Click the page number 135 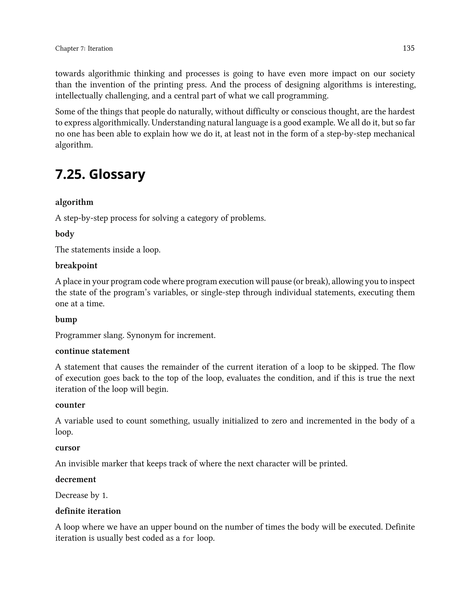pos(408,48)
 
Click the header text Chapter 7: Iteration pos(84,48)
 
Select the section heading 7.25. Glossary pos(100,175)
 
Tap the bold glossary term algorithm pos(74,202)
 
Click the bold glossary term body pos(64,234)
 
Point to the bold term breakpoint pos(76,266)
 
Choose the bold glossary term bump pos(66,319)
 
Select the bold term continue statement pos(92,351)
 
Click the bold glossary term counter pos(70,405)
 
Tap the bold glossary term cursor pos(68,448)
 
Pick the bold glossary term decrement pos(76,479)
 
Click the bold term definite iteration pos(88,511)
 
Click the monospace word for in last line pos(188,539)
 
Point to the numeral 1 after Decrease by pos(104,496)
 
